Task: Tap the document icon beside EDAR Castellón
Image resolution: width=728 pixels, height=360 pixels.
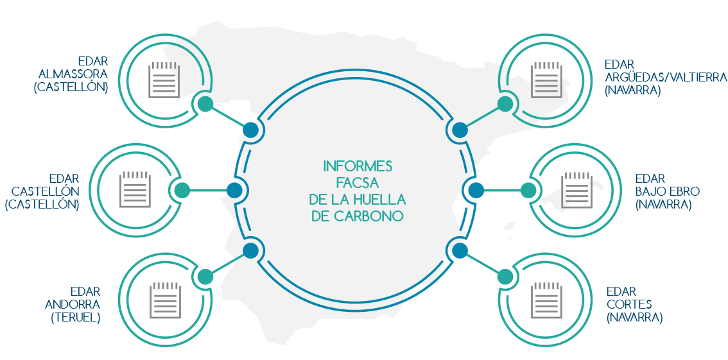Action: click(135, 191)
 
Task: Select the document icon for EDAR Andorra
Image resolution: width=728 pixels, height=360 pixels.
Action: click(163, 301)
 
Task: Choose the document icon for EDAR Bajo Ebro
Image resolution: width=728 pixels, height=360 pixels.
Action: click(576, 191)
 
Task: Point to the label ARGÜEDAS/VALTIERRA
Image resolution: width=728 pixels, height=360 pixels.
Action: click(666, 78)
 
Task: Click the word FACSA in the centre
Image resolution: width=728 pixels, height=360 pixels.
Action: click(357, 183)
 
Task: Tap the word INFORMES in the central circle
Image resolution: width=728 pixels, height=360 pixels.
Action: click(358, 166)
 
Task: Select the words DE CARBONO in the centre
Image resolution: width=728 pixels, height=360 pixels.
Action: click(357, 216)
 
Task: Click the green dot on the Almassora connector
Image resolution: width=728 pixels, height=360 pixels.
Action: click(205, 105)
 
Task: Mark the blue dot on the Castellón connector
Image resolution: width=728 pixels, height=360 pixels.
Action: click(234, 191)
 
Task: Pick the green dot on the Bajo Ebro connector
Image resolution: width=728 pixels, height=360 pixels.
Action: click(528, 191)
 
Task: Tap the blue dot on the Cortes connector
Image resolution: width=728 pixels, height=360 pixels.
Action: click(460, 250)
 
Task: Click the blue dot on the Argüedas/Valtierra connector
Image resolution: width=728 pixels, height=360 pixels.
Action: click(460, 130)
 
